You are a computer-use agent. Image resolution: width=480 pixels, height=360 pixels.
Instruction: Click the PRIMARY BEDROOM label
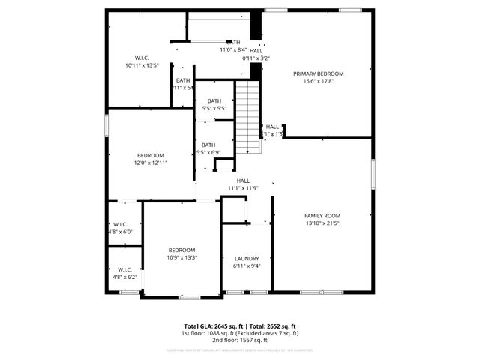tap(318, 73)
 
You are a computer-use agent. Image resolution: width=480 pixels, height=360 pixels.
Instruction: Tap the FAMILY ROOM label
tap(322, 216)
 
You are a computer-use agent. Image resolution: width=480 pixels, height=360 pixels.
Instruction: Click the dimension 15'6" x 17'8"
tap(318, 81)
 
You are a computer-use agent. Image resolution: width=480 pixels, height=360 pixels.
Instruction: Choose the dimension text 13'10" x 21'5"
tap(322, 223)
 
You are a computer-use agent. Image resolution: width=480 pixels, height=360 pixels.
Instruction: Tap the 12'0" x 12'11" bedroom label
tap(150, 163)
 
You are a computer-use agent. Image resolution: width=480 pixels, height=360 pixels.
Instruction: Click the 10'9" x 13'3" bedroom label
tap(181, 257)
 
